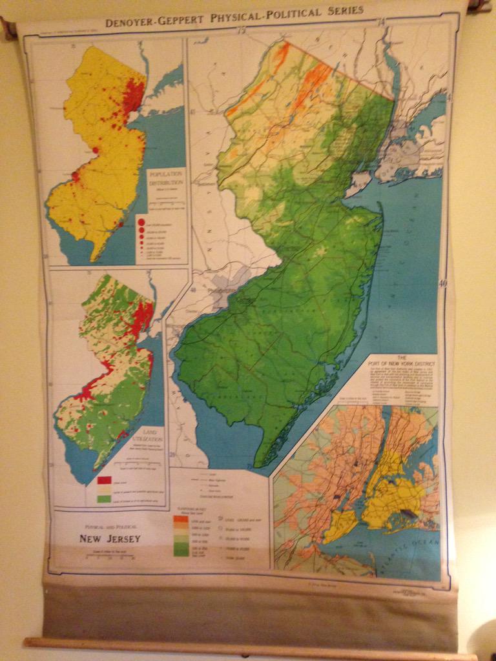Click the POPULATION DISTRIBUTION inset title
[x=166, y=179]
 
